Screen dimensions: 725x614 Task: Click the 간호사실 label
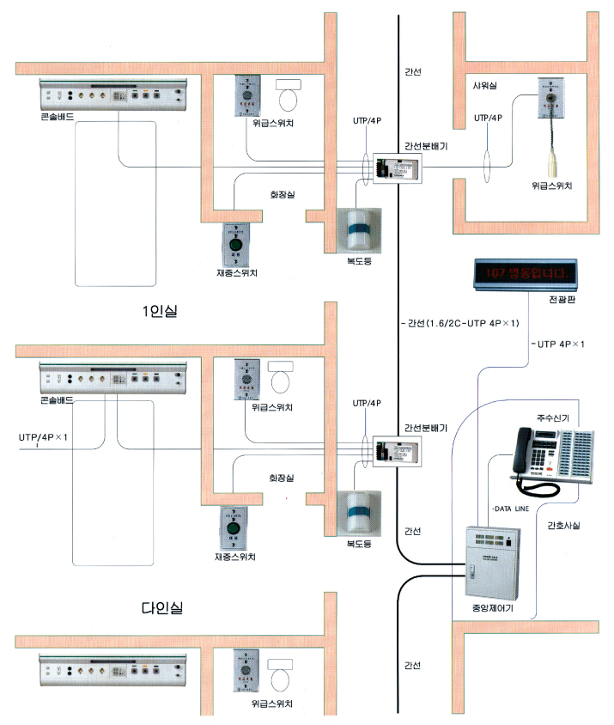coord(563,526)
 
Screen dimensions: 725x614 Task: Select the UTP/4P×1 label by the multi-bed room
coord(43,437)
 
